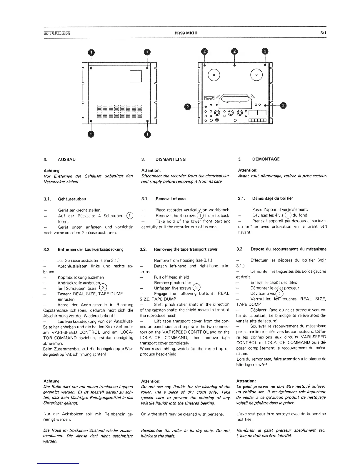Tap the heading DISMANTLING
170,159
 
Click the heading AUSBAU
67,159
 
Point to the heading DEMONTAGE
266,159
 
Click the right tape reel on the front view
256,75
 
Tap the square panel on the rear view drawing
136,76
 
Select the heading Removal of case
171,199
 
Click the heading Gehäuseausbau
72,199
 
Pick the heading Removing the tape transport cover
186,249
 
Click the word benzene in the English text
216,414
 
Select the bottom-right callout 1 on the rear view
147,134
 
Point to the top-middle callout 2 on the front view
234,51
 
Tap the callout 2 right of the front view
283,105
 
